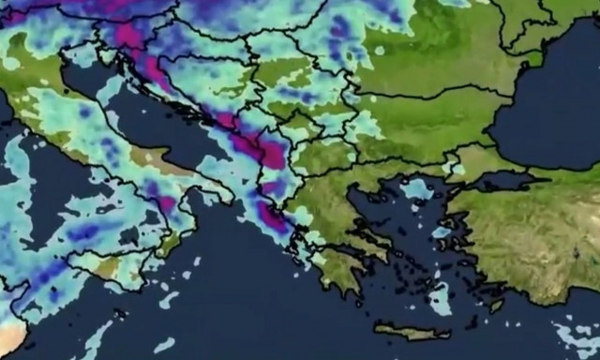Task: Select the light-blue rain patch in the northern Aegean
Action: coord(416,189)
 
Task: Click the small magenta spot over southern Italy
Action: coord(166,202)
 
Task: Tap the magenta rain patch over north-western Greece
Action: coord(274,217)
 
